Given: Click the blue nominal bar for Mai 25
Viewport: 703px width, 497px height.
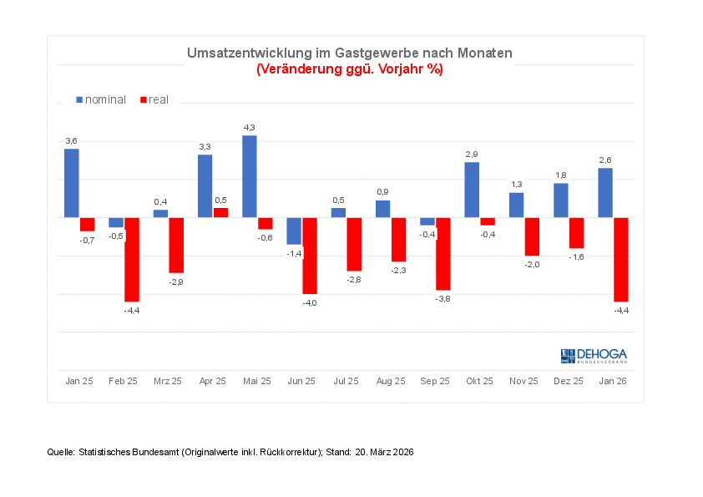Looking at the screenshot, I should (x=249, y=176).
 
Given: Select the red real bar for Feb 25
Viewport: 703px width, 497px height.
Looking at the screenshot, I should (x=132, y=259).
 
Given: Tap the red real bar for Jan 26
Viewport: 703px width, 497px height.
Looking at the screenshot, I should (x=620, y=259).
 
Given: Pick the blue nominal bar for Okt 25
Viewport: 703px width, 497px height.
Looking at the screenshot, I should (x=472, y=190).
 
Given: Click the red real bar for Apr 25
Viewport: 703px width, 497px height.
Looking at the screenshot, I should (x=220, y=212).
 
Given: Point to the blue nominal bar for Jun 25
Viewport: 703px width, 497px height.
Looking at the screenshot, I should (x=294, y=231).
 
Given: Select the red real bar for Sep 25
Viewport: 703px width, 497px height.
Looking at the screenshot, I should (x=443, y=253).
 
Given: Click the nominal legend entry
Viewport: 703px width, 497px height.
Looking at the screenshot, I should (x=101, y=99).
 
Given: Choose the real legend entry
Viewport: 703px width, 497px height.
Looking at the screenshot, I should (x=154, y=99).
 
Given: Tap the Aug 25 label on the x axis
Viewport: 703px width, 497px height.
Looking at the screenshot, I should (x=390, y=381).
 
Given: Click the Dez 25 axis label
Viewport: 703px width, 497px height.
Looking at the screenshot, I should (x=568, y=381).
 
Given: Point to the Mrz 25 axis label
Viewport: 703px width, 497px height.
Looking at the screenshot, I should (x=168, y=381).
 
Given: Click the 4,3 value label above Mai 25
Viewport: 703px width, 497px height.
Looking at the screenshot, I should (x=249, y=127).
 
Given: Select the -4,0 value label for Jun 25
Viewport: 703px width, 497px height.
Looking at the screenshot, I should (x=309, y=302).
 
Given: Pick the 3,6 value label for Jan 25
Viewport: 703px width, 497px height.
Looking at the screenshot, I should (x=71, y=141).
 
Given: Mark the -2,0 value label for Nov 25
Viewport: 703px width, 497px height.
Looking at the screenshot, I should (x=532, y=264).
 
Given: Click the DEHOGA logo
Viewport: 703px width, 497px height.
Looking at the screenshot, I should (x=594, y=356).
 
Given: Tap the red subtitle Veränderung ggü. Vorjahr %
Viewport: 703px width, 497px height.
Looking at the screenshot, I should (x=349, y=68).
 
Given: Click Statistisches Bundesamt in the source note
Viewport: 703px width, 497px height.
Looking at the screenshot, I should (x=128, y=452).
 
